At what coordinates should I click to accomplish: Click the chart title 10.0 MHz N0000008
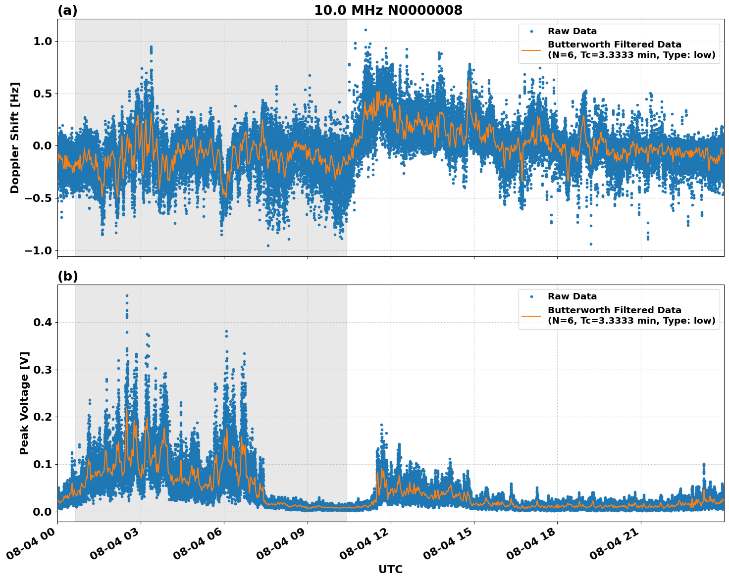coord(388,10)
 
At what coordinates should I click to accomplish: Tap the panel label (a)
coord(67,10)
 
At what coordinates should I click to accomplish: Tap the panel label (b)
coord(67,276)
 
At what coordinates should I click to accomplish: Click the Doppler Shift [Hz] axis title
coord(15,138)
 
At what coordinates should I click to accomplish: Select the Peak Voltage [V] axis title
coord(24,403)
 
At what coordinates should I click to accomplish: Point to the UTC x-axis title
coord(390,569)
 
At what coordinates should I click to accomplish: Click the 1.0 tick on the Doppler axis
coord(43,41)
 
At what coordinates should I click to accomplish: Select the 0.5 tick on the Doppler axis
coord(43,94)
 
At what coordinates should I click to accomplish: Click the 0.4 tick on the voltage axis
coord(43,322)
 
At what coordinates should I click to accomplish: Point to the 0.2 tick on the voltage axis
coord(43,417)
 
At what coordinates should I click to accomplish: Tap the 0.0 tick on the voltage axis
coord(43,512)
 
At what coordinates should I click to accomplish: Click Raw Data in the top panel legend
coord(572,31)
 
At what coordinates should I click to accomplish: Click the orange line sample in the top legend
coord(531,50)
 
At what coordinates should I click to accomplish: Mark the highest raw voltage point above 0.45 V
coord(127,295)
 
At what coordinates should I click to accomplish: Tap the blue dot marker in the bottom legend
coord(531,296)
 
